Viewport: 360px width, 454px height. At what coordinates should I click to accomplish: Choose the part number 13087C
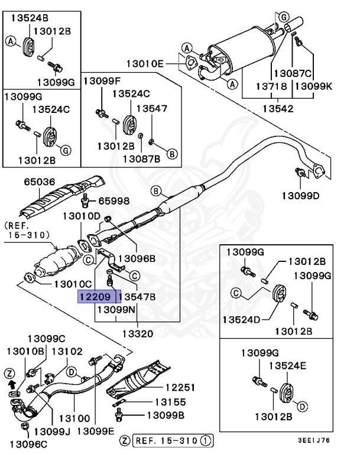[291, 73]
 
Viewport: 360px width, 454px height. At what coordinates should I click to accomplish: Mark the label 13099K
[313, 86]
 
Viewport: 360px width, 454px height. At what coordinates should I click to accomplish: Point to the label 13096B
[137, 258]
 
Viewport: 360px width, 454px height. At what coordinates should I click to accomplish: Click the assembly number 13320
[137, 334]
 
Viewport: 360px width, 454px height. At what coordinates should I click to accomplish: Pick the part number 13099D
[300, 195]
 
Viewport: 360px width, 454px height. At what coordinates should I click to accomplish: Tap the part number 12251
[181, 388]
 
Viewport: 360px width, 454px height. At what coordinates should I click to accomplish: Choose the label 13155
[170, 402]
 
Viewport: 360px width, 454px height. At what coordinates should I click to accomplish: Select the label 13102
[67, 351]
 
